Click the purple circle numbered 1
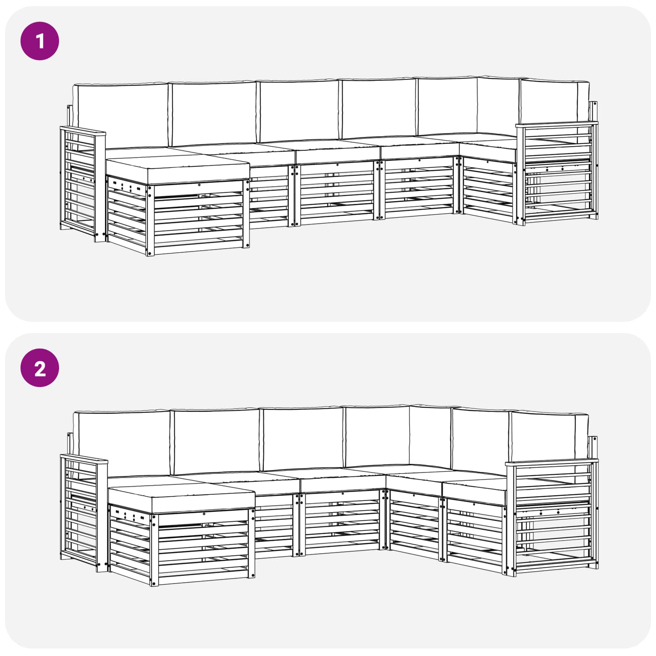40,41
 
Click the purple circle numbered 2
40,368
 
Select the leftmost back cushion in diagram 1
121,115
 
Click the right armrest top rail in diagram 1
557,125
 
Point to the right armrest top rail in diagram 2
552,462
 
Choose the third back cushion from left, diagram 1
299,111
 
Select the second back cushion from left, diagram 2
216,440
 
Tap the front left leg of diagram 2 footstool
154,550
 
